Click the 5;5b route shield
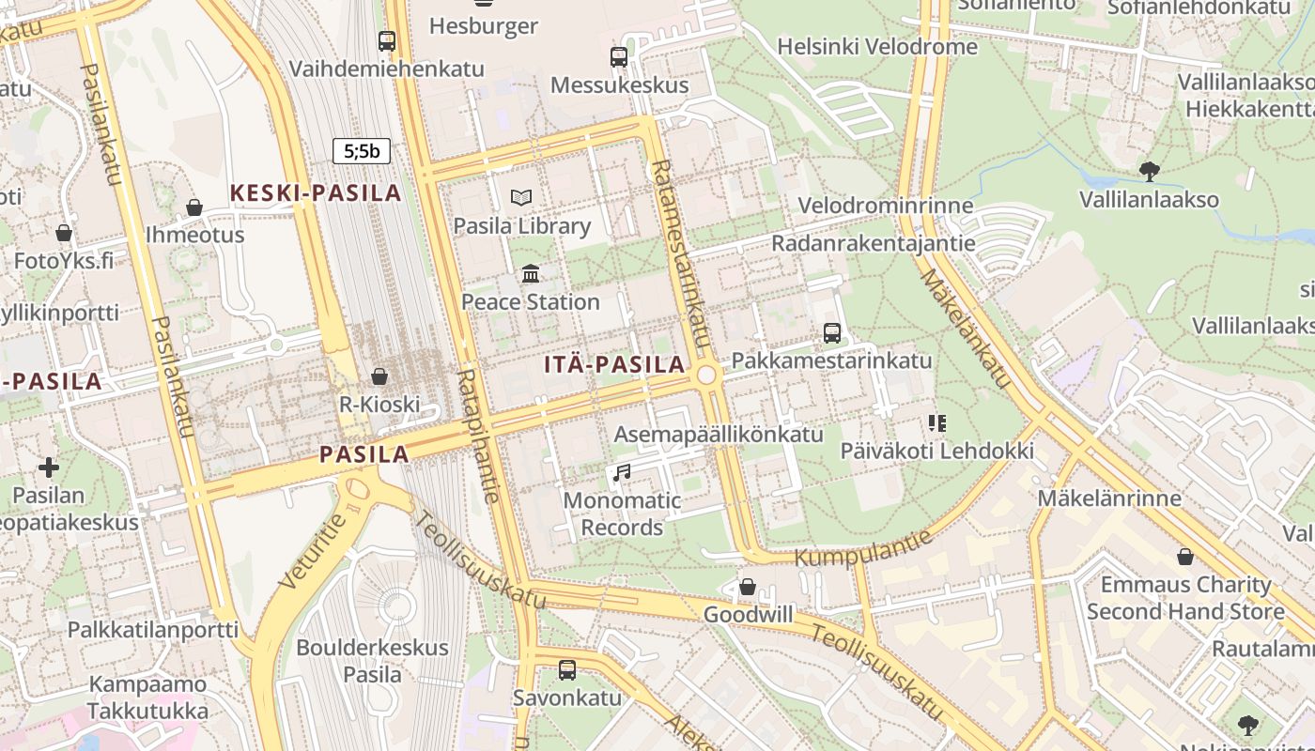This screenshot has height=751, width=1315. point(362,150)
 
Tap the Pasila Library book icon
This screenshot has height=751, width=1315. point(521,197)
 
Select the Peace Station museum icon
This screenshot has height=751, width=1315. point(531,273)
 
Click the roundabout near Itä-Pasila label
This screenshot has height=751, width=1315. point(706,375)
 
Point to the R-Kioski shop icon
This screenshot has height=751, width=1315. point(379,376)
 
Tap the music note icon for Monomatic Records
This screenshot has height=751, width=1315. point(621,472)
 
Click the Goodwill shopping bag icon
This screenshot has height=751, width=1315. point(748,587)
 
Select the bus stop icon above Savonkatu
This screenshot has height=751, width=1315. point(567,669)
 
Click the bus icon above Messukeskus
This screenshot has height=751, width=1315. point(618,56)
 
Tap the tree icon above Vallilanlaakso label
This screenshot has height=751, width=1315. point(1149,171)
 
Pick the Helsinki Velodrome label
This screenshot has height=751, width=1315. point(877,46)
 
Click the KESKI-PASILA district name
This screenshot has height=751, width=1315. point(316,193)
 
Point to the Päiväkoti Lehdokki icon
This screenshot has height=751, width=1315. point(936,423)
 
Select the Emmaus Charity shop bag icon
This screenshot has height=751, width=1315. point(1185,557)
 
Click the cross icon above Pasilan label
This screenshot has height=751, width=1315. point(49,467)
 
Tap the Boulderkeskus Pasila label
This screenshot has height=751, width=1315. point(372,661)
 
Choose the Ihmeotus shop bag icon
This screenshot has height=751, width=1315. point(194,207)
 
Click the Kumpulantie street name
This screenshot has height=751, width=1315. point(864,548)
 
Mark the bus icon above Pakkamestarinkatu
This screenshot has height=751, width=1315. point(831,332)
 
